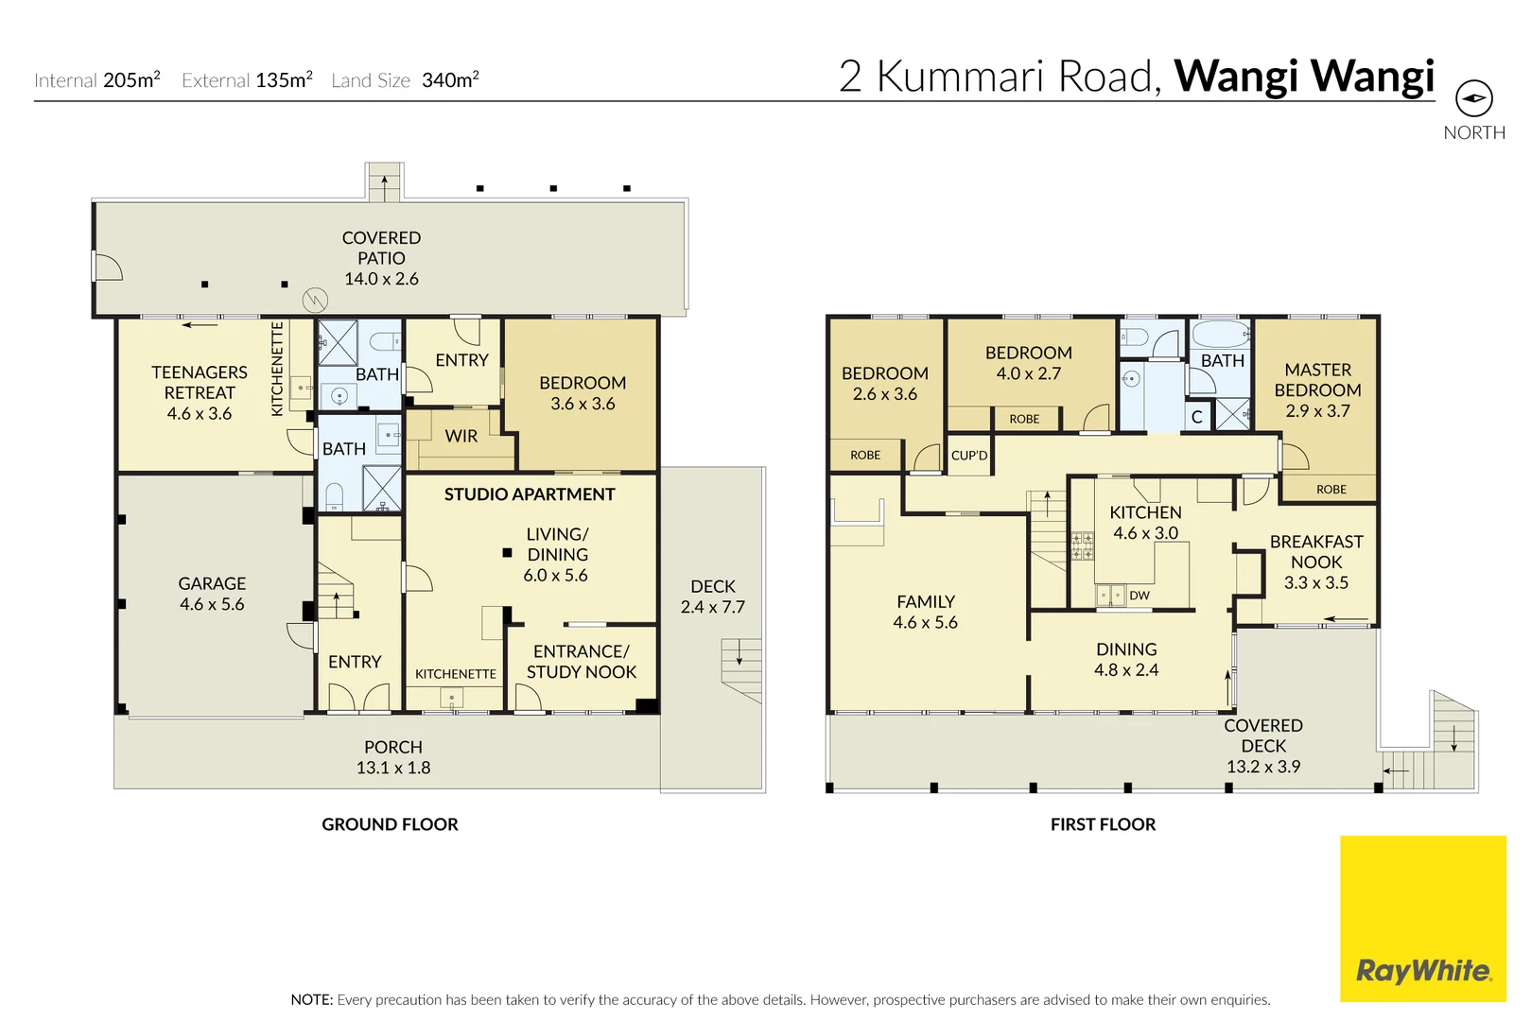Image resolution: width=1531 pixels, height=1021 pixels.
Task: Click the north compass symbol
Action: click(1473, 98)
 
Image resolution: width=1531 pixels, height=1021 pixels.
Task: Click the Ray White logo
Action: click(1422, 971)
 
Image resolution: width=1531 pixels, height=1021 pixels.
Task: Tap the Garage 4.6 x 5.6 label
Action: click(212, 594)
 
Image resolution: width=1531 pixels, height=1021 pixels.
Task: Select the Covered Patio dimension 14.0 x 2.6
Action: click(381, 279)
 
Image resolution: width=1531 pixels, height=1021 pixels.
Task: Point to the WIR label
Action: click(461, 436)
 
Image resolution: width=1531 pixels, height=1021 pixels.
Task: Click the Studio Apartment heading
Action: click(530, 494)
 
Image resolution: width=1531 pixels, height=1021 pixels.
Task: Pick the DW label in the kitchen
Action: click(1140, 596)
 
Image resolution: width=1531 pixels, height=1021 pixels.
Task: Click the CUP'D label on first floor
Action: click(969, 456)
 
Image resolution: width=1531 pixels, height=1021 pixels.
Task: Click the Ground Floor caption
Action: click(390, 824)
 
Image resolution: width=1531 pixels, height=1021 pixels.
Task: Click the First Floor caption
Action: click(1103, 824)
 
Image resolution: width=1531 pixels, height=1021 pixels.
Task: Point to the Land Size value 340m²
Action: click(450, 80)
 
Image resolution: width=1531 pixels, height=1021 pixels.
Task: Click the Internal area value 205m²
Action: click(131, 80)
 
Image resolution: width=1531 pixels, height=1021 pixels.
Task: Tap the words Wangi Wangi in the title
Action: click(1304, 76)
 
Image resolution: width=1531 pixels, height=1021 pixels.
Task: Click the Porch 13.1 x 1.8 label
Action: click(393, 757)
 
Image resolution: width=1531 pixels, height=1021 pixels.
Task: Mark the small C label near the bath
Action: click(1196, 417)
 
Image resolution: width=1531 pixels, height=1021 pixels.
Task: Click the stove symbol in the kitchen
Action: click(1082, 546)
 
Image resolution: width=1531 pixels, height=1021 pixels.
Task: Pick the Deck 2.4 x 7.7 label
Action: click(712, 597)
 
